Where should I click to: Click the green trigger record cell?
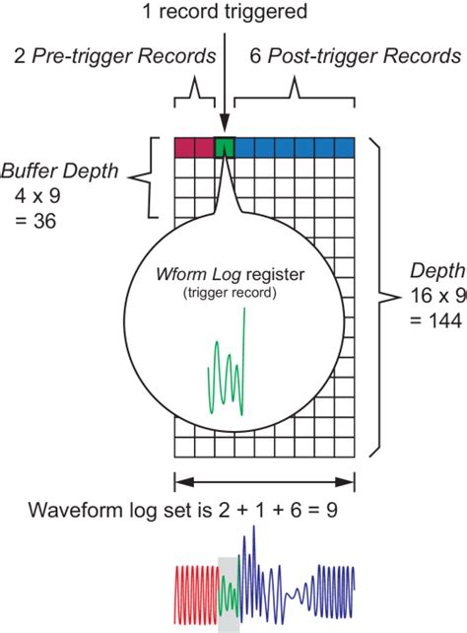224,148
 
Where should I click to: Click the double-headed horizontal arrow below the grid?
263,482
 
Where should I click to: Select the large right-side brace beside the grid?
378,296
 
